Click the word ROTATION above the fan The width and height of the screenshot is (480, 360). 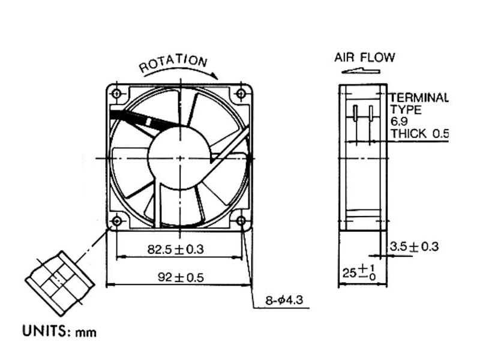click(173, 62)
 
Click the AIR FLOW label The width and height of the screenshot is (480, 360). click(365, 58)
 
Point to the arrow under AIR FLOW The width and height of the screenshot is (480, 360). click(361, 71)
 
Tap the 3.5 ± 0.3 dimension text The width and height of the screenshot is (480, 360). click(414, 246)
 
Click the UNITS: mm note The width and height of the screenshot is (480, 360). click(59, 330)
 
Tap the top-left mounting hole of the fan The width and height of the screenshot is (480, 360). click(117, 93)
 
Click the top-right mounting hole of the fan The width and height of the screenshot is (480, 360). click(241, 93)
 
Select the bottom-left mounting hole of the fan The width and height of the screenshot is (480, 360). click(116, 221)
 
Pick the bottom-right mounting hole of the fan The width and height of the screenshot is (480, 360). click(241, 221)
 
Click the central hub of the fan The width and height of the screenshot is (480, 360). click(179, 157)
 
